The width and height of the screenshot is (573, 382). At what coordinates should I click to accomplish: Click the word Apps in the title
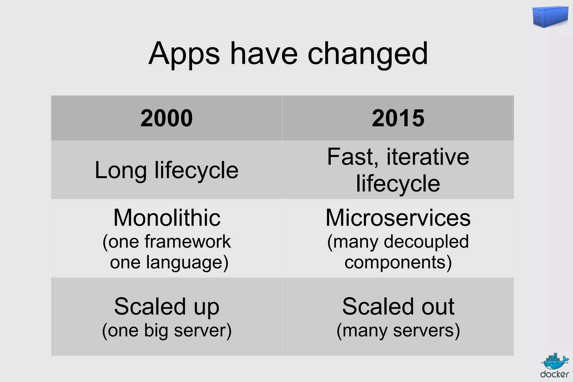click(x=184, y=54)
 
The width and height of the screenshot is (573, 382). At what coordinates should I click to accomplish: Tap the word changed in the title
click(x=368, y=54)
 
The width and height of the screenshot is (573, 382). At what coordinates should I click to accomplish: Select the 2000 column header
click(x=166, y=118)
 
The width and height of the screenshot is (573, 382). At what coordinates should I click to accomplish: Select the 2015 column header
click(x=398, y=118)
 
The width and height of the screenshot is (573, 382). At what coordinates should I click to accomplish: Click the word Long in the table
click(x=120, y=170)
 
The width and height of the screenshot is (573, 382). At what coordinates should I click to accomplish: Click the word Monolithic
click(x=167, y=218)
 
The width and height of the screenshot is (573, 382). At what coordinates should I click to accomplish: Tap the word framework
click(x=187, y=242)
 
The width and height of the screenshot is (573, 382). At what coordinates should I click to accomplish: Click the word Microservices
click(x=398, y=218)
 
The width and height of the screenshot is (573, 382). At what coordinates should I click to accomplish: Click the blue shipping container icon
click(x=550, y=17)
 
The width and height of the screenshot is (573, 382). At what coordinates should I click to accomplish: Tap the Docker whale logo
click(x=555, y=362)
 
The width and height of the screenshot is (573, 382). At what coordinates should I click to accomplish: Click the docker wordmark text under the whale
click(x=555, y=374)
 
